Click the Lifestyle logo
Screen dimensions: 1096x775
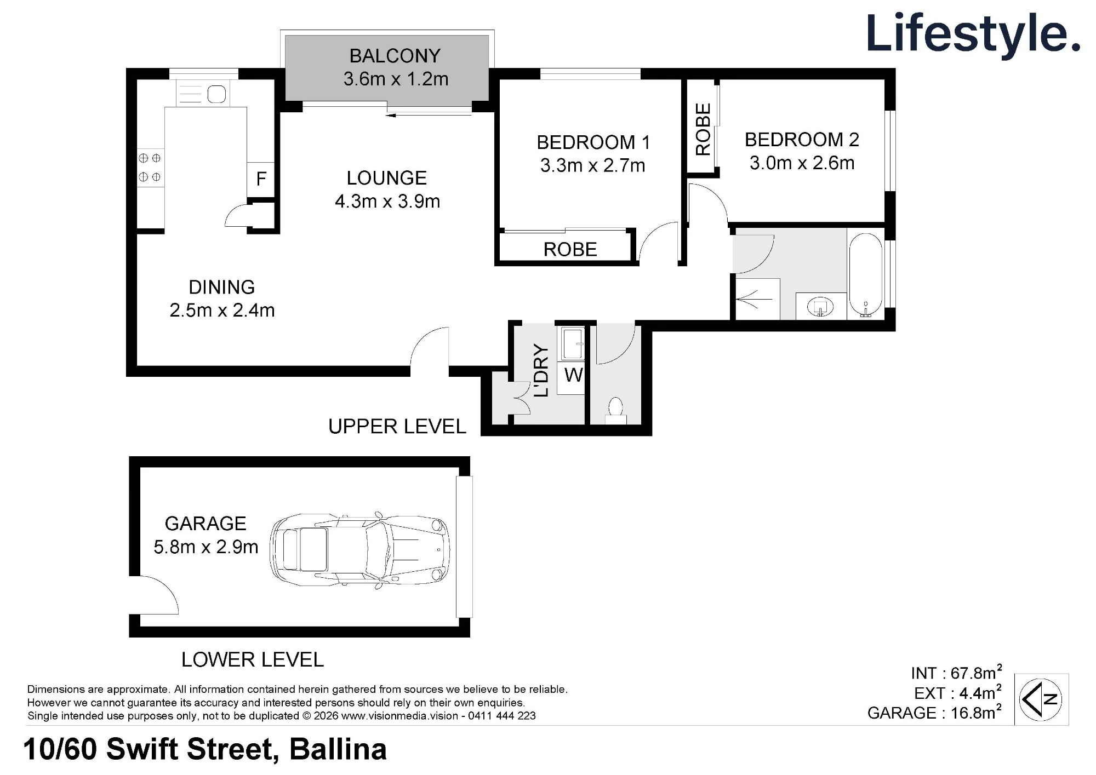(x=973, y=34)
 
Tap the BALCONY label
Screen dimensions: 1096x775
(x=395, y=56)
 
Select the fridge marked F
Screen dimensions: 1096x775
(x=261, y=179)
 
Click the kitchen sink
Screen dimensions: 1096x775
(x=216, y=94)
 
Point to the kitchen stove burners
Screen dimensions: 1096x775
(x=150, y=168)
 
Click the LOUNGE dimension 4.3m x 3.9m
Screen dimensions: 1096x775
(x=387, y=202)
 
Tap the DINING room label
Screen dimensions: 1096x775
(x=221, y=287)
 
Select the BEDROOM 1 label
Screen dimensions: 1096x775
(x=593, y=142)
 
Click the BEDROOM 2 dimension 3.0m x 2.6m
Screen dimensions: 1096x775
(x=802, y=163)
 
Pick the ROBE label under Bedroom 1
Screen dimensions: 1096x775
(x=570, y=250)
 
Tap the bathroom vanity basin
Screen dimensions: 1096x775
(x=820, y=307)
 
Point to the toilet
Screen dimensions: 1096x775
(x=615, y=410)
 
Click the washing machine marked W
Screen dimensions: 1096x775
(x=573, y=375)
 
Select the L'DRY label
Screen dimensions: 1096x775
(x=540, y=370)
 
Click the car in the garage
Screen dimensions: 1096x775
(x=360, y=550)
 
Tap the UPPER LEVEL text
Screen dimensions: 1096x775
(x=397, y=427)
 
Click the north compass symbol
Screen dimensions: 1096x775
(x=1040, y=699)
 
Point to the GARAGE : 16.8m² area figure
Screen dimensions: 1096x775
(x=935, y=712)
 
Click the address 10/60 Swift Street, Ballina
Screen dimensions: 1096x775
(x=205, y=749)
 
